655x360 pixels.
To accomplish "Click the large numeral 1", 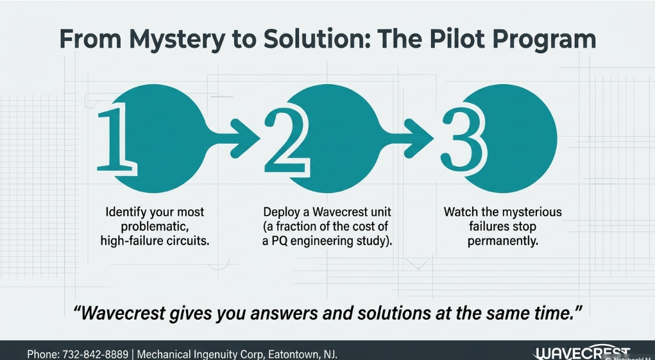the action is (x=117, y=138).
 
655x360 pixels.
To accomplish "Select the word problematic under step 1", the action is (x=153, y=227).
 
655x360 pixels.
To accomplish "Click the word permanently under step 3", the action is (x=502, y=241).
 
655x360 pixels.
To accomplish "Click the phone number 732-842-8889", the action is (x=95, y=355).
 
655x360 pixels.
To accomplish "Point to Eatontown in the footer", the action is (x=293, y=355).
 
